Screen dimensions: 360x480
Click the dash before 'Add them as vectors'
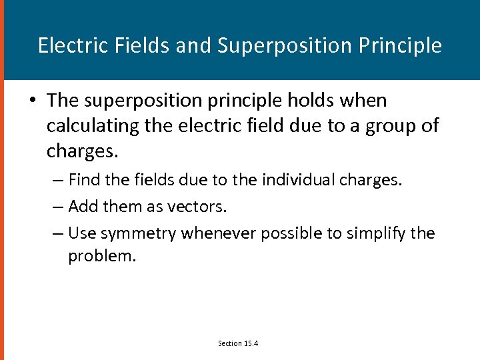click(57, 207)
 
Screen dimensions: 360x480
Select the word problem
click(102, 255)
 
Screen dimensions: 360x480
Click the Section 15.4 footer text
click(238, 343)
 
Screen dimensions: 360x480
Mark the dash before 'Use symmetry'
click(57, 233)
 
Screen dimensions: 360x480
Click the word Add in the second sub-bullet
click(83, 207)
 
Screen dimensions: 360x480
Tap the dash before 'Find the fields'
click(57, 179)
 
